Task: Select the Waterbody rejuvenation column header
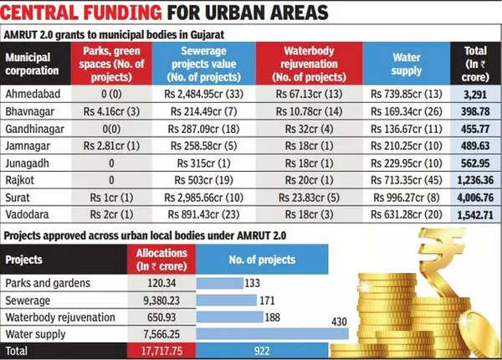point(311,63)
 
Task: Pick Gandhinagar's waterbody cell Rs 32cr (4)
point(311,130)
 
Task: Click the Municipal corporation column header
point(36,63)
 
